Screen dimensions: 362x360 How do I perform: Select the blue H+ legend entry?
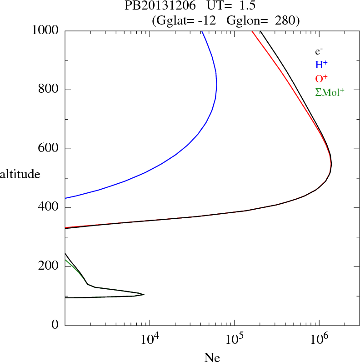[322, 65]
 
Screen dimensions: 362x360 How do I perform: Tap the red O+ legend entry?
[322, 79]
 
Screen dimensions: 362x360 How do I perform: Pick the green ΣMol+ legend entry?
[330, 92]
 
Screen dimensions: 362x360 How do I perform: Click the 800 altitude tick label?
[49, 90]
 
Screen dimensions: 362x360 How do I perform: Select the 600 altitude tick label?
[49, 149]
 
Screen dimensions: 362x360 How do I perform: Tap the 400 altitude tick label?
[49, 208]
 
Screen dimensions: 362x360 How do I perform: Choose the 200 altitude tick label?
[49, 266]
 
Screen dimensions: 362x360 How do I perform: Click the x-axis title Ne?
[212, 357]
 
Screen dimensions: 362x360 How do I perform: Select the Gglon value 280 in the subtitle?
[285, 20]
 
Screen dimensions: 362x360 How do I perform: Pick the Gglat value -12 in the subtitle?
[207, 20]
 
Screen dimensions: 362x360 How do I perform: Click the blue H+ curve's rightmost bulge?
[217, 85]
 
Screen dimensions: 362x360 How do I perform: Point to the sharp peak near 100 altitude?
[144, 295]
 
